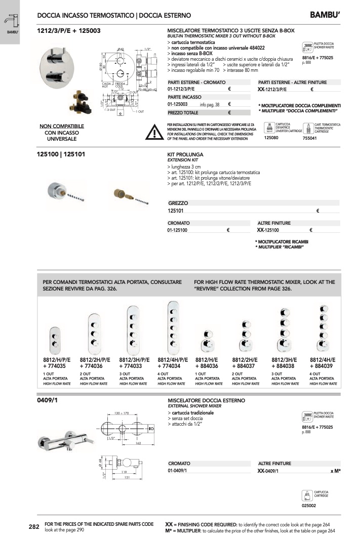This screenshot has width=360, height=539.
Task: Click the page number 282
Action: pyautogui.click(x=34, y=527)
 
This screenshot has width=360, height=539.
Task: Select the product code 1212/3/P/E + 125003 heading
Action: pyautogui.click(x=69, y=31)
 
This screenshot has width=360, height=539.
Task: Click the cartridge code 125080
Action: pyautogui.click(x=272, y=138)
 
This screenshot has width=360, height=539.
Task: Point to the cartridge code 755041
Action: pyautogui.click(x=309, y=138)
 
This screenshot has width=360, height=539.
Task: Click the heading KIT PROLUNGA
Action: pyautogui.click(x=185, y=154)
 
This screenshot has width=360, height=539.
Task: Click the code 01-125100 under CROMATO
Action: pyautogui.click(x=178, y=230)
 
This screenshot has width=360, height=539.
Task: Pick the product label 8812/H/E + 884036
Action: pyautogui.click(x=207, y=362)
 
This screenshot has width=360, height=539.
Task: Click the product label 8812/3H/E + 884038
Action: pyautogui.click(x=286, y=362)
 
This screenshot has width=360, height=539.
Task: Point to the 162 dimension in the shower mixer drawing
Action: pyautogui.click(x=137, y=443)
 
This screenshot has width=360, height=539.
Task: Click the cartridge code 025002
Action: pyautogui.click(x=309, y=505)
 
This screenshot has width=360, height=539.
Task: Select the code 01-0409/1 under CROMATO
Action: pyautogui.click(x=178, y=471)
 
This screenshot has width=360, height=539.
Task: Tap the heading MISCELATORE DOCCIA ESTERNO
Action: pyautogui.click(x=206, y=400)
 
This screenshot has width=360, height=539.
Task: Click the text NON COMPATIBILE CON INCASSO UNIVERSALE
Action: pyautogui.click(x=62, y=132)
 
